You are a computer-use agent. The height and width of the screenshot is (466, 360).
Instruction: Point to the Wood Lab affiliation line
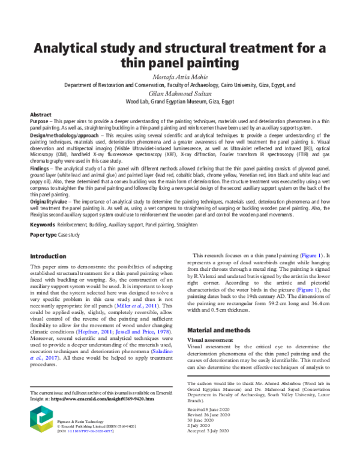coord(180,102)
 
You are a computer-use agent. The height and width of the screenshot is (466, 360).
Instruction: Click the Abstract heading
coord(41,115)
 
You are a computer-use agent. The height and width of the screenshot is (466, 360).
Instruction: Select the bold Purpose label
coord(40,122)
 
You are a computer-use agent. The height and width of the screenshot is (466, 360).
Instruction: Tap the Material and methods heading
coord(219,330)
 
